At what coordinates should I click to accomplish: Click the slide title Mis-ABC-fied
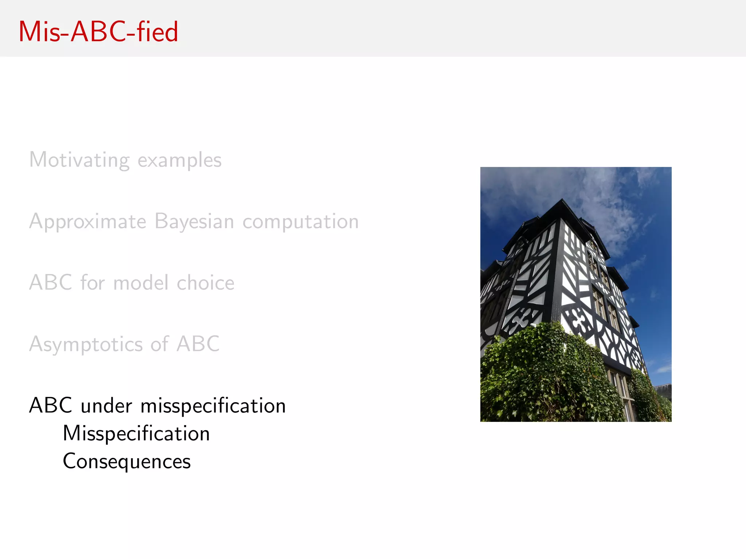click(x=98, y=32)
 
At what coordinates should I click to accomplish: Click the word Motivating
click(x=79, y=160)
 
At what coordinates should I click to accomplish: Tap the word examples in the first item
click(x=180, y=160)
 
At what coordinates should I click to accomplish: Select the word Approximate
click(x=88, y=222)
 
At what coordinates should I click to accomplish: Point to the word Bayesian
click(x=194, y=221)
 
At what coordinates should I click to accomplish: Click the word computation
click(x=301, y=222)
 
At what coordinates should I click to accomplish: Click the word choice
click(x=205, y=283)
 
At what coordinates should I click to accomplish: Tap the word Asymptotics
click(x=86, y=344)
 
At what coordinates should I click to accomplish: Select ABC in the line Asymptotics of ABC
click(x=198, y=344)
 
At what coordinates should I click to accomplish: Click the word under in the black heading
click(x=106, y=406)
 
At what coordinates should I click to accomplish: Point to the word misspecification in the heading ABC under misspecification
click(x=213, y=406)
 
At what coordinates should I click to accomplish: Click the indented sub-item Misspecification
click(x=136, y=434)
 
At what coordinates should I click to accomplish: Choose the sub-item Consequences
click(x=127, y=461)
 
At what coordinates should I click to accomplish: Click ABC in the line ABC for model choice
click(x=51, y=283)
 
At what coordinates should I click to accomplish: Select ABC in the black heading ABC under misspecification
click(x=51, y=405)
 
